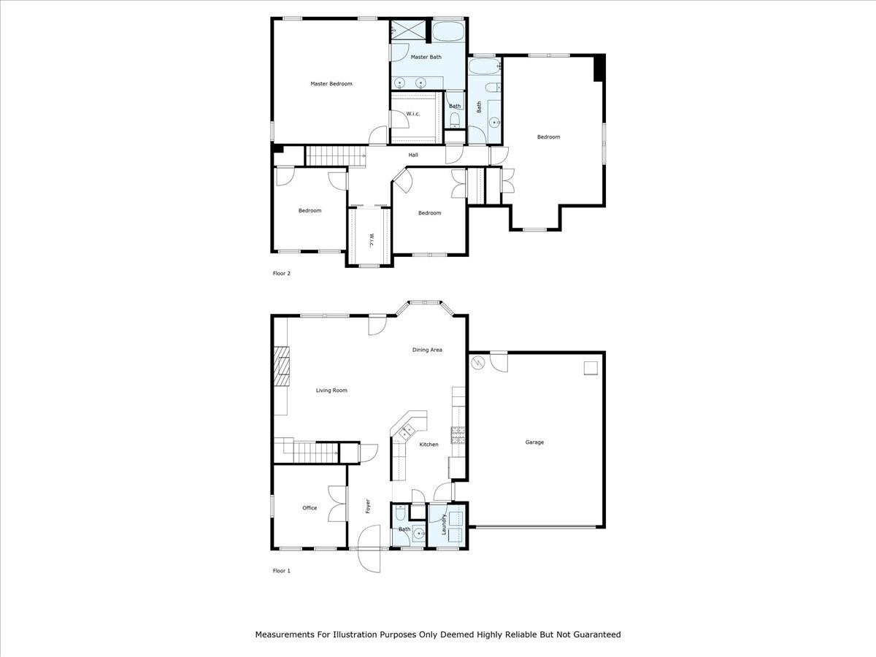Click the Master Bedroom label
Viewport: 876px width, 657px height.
tap(331, 84)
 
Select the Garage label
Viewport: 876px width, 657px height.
tap(534, 442)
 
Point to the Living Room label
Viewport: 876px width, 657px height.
tap(331, 391)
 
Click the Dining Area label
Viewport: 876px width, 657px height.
tap(427, 350)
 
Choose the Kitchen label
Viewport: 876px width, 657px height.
tap(429, 445)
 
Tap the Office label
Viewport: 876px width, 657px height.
tap(310, 508)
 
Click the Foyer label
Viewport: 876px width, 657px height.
tap(368, 505)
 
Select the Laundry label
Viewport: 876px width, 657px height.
tap(443, 523)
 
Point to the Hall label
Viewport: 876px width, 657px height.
tap(413, 155)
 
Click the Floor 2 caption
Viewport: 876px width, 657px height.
tap(281, 274)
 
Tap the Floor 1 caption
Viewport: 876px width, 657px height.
tap(281, 571)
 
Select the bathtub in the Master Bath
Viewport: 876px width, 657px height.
tap(447, 32)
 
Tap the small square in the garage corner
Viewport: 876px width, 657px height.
tap(591, 369)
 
